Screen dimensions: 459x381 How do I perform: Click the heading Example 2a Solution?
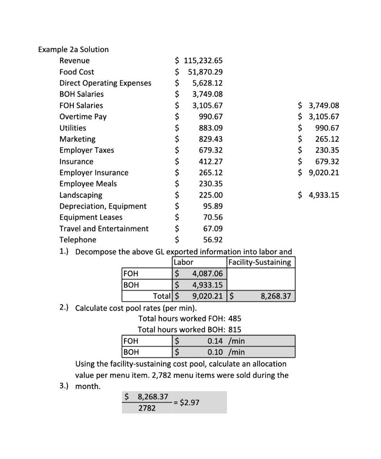(73, 49)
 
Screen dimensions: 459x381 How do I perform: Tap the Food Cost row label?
(77, 72)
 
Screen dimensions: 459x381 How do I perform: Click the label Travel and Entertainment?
(104, 229)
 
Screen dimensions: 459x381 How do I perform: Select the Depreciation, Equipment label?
(103, 206)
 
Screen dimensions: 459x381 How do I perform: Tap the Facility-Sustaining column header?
(260, 262)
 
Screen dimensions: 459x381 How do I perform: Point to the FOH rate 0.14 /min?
(226, 341)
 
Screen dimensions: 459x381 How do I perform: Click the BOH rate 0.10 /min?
(226, 352)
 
